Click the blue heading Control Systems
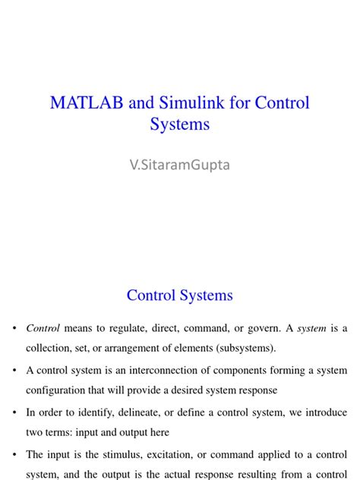179,295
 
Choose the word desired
197,390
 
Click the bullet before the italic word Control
14,329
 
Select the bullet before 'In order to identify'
14,412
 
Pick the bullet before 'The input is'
14,454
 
